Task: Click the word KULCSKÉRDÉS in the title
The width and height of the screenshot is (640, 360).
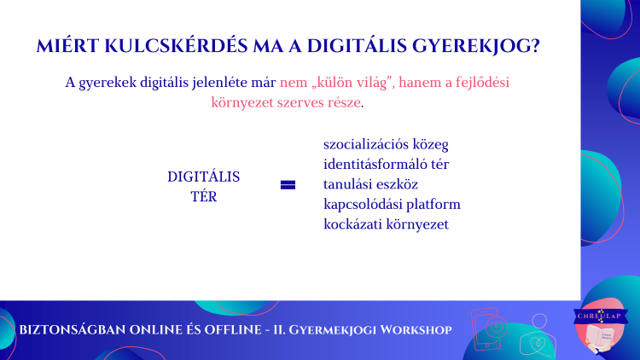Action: pos(176,46)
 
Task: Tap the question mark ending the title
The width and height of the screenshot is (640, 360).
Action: pos(535,46)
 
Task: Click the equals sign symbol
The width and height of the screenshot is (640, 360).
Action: pos(288,185)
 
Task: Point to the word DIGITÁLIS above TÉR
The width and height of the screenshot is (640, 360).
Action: pos(204,177)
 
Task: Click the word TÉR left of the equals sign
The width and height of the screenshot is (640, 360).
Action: pos(204,197)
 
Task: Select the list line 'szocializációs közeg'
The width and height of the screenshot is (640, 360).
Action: pos(386,144)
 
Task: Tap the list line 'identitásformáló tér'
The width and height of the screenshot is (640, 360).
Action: pos(386,164)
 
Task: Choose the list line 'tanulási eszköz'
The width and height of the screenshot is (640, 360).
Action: pos(370,184)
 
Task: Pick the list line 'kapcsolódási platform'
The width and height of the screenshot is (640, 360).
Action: pos(392,204)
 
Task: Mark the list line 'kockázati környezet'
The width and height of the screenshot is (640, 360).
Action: pos(386,224)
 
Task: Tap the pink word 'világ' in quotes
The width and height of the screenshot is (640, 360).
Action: pos(371,83)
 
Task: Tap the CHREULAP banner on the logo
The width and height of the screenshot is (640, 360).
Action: pos(600,316)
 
